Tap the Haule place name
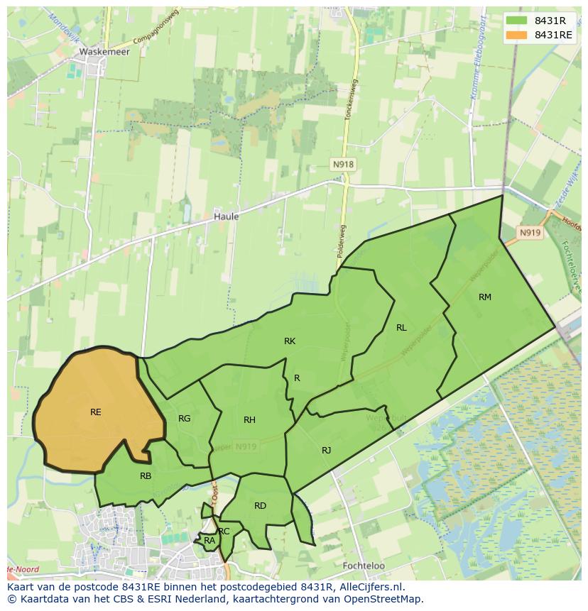[227, 216]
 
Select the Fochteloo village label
[363, 566]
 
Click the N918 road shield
[343, 164]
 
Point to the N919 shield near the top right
[529, 233]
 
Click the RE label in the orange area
[96, 412]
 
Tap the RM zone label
[485, 297]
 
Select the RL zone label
[402, 327]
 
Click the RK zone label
[290, 341]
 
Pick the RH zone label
[249, 420]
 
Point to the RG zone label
[185, 418]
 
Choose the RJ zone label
[327, 450]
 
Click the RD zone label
[260, 505]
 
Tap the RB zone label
[146, 475]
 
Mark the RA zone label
[209, 541]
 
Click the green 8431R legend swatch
[517, 21]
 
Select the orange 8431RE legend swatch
[517, 35]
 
